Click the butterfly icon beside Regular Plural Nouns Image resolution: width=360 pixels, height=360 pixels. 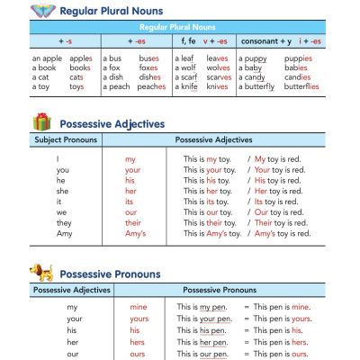(43, 11)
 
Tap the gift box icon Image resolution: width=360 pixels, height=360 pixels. (41, 122)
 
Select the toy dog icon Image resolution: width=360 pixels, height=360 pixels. (40, 272)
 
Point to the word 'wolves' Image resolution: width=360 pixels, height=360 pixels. (218, 67)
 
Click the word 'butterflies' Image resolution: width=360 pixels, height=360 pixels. (300, 86)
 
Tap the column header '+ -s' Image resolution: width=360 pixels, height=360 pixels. (66, 41)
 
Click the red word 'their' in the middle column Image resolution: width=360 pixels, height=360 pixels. (132, 220)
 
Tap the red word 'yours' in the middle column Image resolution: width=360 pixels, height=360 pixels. (139, 319)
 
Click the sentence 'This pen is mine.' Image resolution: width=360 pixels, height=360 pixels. (282, 307)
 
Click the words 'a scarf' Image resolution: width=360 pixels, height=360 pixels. (192, 76)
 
